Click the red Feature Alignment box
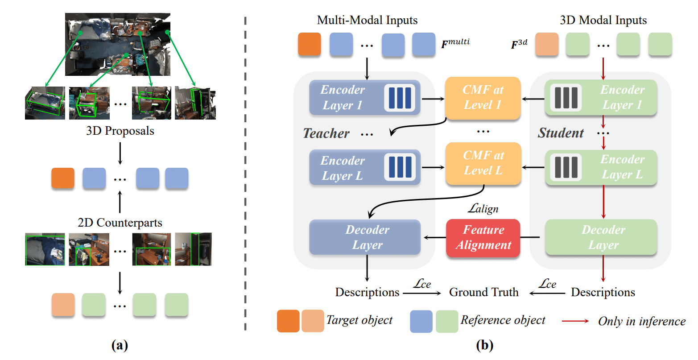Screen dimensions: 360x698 483,238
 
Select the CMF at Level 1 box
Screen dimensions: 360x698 483,98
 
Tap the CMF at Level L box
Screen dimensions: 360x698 483,163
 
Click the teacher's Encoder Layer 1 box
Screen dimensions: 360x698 365,98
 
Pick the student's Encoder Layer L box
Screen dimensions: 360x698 601,167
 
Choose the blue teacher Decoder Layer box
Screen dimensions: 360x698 365,237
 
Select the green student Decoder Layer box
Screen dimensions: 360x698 601,237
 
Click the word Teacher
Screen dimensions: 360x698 326,133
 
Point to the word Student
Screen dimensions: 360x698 561,133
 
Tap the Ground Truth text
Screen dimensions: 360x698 483,292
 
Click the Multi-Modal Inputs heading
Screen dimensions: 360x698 367,20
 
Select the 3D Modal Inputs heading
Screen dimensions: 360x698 603,20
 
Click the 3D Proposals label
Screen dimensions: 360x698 120,131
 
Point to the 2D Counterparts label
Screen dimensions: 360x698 120,223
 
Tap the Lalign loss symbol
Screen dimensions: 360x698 483,208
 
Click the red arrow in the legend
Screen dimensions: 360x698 575,321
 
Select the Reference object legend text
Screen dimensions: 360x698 503,320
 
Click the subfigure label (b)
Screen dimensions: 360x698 484,345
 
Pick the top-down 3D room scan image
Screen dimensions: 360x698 118,44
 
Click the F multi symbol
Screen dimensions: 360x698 455,43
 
